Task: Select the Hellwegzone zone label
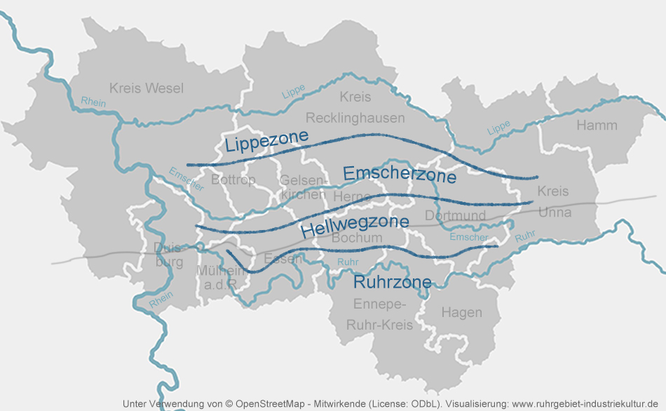[x=355, y=225]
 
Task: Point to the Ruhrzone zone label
[x=392, y=282]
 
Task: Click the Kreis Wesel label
[x=147, y=88]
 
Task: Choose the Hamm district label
[x=597, y=126]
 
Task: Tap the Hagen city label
[x=461, y=313]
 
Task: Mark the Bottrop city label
[x=233, y=180]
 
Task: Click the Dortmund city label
[x=455, y=215]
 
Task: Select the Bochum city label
[x=357, y=238]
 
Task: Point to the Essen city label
[x=283, y=259]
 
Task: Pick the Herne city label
[x=352, y=197]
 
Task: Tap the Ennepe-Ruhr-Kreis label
[x=379, y=315]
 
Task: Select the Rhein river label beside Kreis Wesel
[x=93, y=102]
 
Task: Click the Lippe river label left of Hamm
[x=498, y=128]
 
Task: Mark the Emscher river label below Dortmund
[x=469, y=237]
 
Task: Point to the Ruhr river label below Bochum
[x=348, y=262]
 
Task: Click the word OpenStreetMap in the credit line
[x=269, y=404]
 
